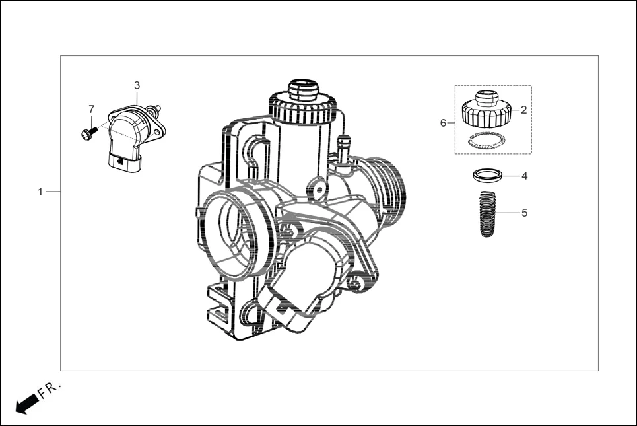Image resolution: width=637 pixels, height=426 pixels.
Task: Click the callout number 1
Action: (40, 192)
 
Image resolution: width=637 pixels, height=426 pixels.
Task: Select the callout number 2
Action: (523, 110)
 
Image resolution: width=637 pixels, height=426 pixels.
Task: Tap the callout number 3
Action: (137, 85)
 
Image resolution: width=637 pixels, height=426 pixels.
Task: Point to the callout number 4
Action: (524, 176)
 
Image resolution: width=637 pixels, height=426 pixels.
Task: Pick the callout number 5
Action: (524, 213)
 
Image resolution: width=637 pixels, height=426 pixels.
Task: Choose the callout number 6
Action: (444, 123)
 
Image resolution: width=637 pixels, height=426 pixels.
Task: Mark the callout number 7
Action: (92, 108)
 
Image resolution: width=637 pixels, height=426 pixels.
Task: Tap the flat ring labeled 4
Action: (486, 176)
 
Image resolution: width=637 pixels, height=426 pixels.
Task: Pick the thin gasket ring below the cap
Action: (486, 141)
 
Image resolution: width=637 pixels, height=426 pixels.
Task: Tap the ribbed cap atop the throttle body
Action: (303, 106)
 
